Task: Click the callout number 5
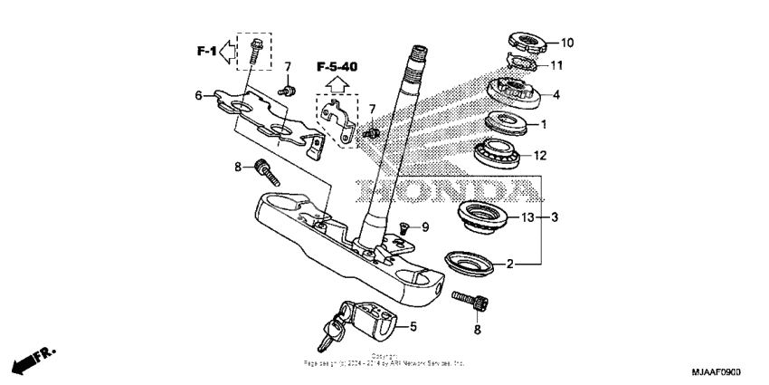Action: pyautogui.click(x=413, y=327)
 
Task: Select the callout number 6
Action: pyautogui.click(x=198, y=95)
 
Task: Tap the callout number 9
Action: pyautogui.click(x=424, y=226)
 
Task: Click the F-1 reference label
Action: pyautogui.click(x=207, y=52)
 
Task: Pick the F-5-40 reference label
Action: pyautogui.click(x=337, y=66)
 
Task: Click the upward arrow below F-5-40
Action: pyautogui.click(x=337, y=85)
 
